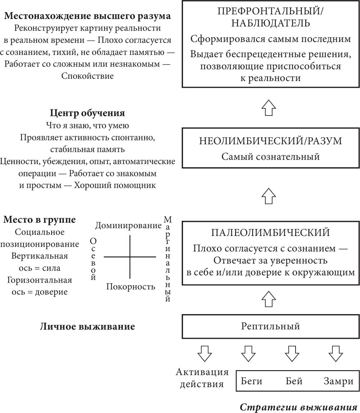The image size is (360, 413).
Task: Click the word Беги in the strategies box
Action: (x=252, y=381)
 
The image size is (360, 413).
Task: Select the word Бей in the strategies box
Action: (x=294, y=381)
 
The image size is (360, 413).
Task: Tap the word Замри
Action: (x=338, y=381)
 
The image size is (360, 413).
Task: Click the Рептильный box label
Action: (x=270, y=327)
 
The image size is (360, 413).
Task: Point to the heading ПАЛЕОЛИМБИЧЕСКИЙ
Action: (x=270, y=232)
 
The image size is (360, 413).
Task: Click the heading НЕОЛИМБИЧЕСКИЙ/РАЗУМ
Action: (x=270, y=141)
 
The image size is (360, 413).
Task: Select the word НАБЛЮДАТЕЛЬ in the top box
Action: (x=270, y=23)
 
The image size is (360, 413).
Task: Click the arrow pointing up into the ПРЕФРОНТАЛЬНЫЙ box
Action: (x=269, y=107)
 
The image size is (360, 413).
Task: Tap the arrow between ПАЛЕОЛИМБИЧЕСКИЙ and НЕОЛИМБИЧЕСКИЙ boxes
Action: (x=269, y=196)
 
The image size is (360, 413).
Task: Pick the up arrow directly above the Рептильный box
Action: (x=269, y=298)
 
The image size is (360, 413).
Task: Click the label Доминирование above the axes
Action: (x=129, y=226)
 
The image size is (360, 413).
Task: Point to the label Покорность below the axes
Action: (x=131, y=287)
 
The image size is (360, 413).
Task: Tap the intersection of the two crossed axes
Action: (x=130, y=257)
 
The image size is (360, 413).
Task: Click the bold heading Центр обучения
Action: (x=87, y=113)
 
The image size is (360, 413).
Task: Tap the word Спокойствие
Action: (x=87, y=76)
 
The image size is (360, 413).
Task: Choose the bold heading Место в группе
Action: (x=40, y=219)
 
